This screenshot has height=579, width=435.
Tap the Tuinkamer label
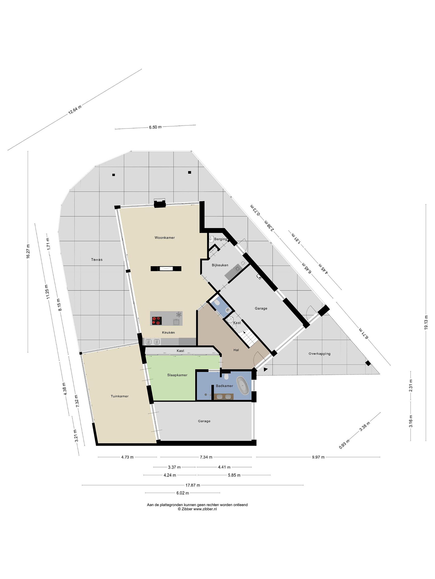[120, 396]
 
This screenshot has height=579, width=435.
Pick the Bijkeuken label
[220, 265]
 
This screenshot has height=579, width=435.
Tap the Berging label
[221, 239]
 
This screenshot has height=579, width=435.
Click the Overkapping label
[319, 354]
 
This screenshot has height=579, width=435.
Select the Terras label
[97, 260]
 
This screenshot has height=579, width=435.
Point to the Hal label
[236, 350]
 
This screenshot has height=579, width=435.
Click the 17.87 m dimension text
[193, 485]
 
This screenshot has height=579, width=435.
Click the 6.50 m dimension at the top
[155, 127]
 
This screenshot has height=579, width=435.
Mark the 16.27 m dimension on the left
[28, 251]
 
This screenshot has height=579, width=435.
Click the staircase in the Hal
[248, 338]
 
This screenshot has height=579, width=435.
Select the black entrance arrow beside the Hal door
[266, 370]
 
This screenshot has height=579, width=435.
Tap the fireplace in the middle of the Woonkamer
[166, 268]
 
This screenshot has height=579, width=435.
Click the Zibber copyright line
[197, 509]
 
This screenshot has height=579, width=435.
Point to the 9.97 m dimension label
[318, 457]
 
